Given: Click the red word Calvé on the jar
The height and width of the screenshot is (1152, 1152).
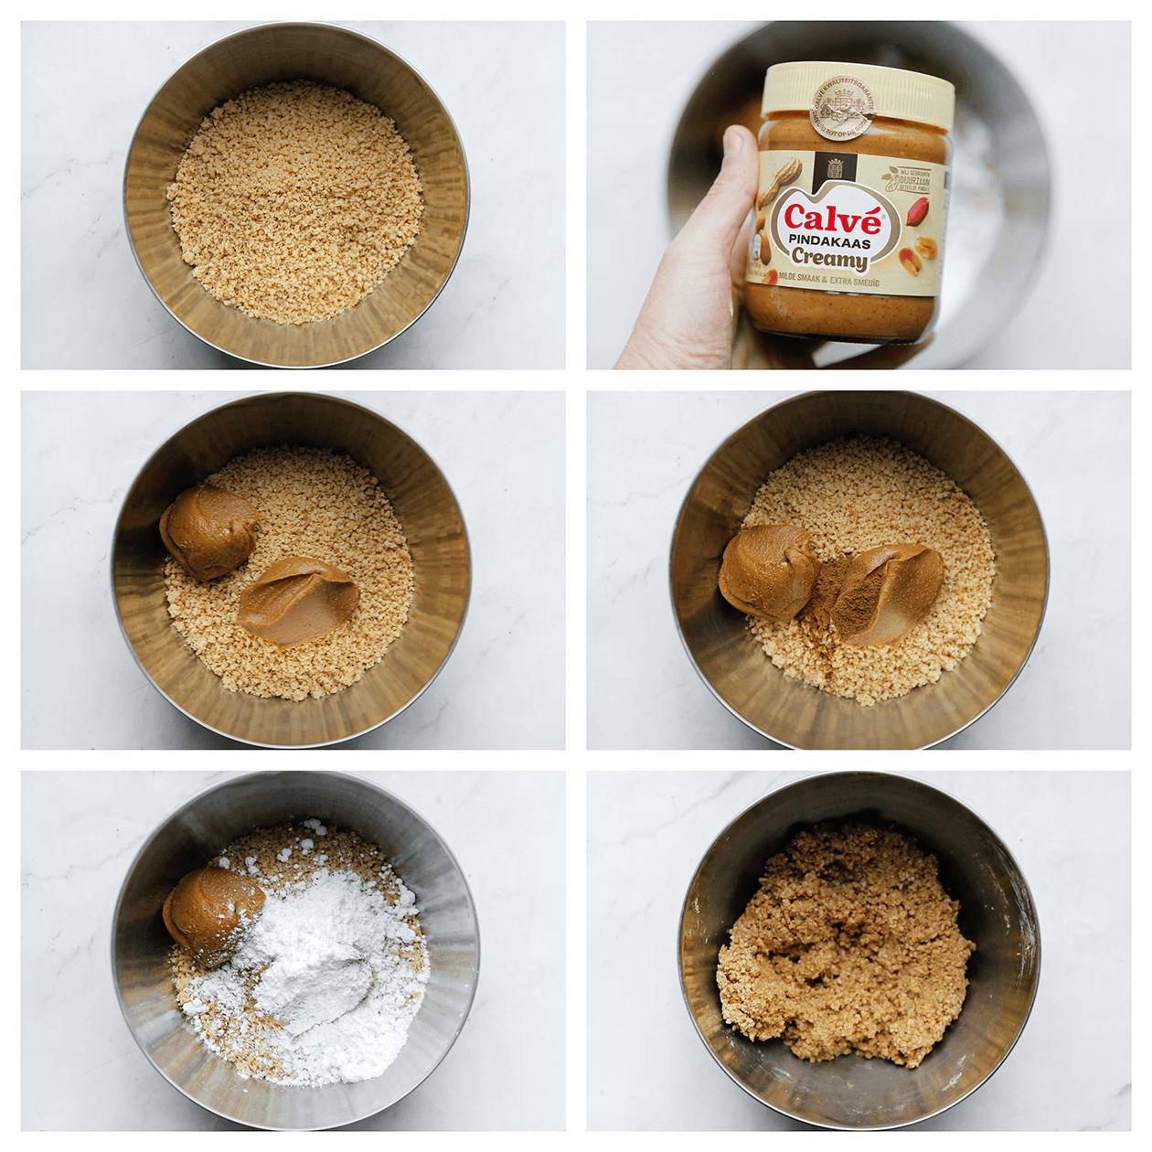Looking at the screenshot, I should point(832,219).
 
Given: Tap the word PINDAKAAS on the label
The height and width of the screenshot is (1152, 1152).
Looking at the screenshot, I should point(829,242).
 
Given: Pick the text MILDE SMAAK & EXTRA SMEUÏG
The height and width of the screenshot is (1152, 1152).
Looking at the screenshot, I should point(828,280).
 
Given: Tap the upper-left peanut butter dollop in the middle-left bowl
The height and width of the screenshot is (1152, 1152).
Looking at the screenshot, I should point(208,533).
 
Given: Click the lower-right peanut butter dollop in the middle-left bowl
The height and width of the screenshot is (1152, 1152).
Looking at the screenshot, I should point(298,601).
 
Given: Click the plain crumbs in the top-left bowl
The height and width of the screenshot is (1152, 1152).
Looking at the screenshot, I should point(294,203).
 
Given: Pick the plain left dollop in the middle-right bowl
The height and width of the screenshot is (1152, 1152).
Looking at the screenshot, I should point(766,572).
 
